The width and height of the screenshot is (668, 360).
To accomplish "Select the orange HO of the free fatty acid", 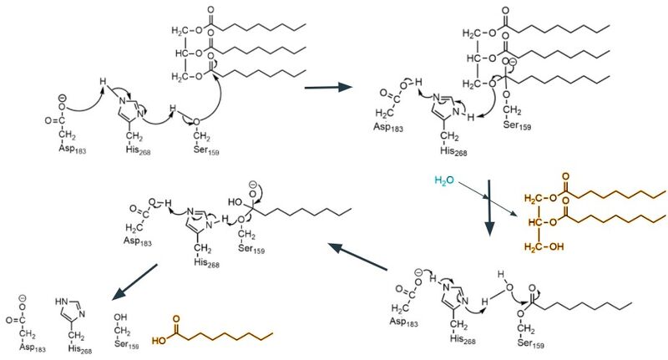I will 158,340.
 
